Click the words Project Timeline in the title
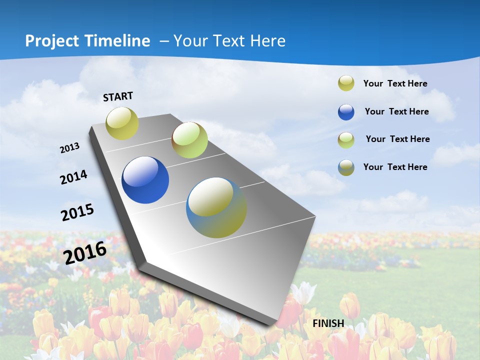(x=87, y=41)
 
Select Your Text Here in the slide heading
(x=229, y=41)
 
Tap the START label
(x=118, y=96)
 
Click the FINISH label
(x=328, y=323)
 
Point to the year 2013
(x=70, y=148)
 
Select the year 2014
(x=74, y=177)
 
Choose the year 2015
(x=77, y=212)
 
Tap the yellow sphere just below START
(x=122, y=123)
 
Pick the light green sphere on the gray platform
(x=189, y=140)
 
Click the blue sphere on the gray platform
(x=145, y=180)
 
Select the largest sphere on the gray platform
(x=216, y=207)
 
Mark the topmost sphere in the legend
(x=346, y=83)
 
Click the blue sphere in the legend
(x=346, y=112)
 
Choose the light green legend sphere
(x=346, y=140)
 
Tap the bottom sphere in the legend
(x=346, y=167)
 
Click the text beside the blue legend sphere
(x=396, y=111)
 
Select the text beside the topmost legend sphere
(x=395, y=83)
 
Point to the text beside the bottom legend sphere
(x=395, y=167)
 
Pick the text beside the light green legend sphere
(x=397, y=139)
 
